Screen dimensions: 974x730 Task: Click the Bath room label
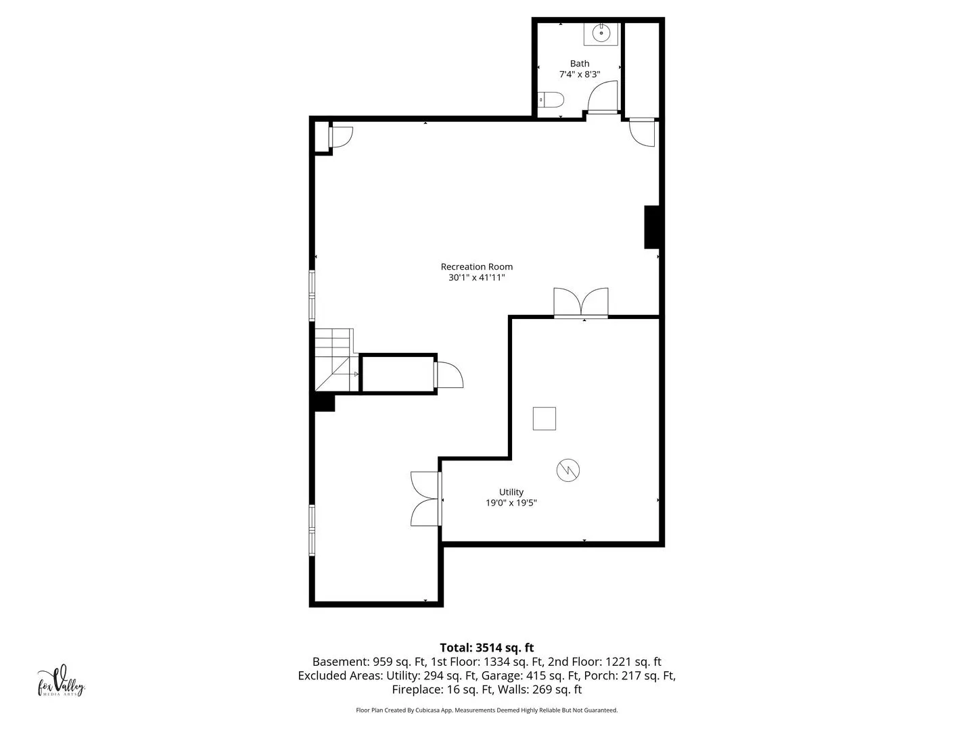coord(579,64)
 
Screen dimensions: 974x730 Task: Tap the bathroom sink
coord(601,34)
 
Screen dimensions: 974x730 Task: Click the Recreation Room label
coord(476,266)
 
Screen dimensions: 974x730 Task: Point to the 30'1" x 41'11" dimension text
coord(476,277)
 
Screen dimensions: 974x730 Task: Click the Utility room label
coord(511,491)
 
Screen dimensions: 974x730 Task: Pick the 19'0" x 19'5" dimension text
coord(511,503)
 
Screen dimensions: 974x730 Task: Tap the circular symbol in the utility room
coord(567,470)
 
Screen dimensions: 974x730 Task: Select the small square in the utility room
coord(544,418)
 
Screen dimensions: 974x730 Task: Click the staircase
coord(336,360)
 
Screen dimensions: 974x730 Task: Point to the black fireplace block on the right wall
coord(651,227)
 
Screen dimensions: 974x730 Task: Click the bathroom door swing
coord(603,97)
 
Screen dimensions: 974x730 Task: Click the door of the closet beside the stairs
coord(448,375)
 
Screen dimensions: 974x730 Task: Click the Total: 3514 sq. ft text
coord(486,648)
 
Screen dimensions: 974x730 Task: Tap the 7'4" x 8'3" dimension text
coord(579,74)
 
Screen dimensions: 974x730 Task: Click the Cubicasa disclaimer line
coord(486,710)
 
